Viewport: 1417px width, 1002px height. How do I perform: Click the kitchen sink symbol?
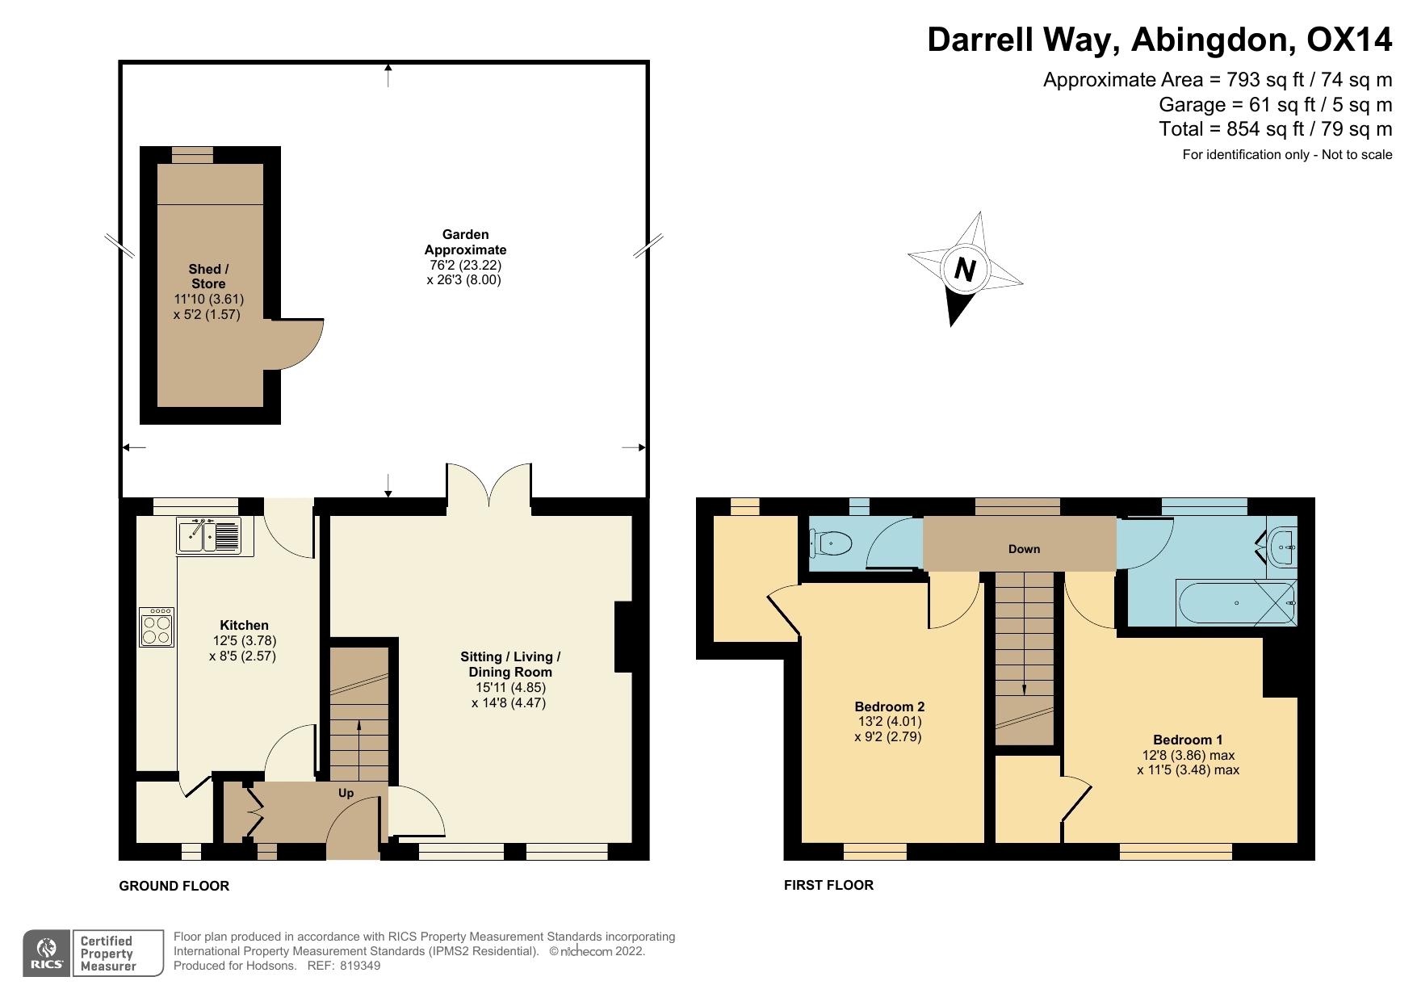coord(209,535)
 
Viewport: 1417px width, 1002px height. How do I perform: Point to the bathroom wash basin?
coord(1282,547)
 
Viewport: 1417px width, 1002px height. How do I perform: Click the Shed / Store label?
coord(208,276)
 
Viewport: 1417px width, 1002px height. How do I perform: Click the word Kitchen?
coord(244,625)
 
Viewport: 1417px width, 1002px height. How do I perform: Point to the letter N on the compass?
coord(965,269)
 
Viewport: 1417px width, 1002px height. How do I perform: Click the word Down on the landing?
coord(1024,549)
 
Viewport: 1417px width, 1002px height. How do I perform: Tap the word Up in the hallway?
coord(346,793)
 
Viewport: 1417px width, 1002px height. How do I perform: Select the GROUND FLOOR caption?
coord(174,886)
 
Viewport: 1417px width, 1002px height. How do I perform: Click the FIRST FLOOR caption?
coord(828,885)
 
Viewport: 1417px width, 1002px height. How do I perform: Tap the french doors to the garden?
coord(488,484)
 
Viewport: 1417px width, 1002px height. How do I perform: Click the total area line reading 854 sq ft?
coord(1275,129)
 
